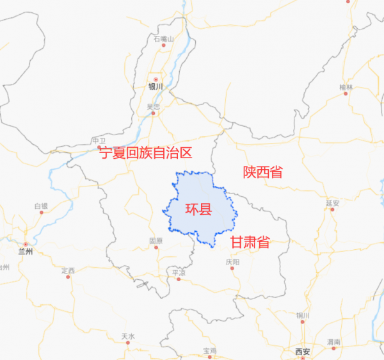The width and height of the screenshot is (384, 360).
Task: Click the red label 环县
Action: pos(198,209)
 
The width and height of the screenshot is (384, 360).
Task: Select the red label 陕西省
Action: pos(262,172)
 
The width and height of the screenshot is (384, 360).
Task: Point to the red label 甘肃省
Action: pos(250,242)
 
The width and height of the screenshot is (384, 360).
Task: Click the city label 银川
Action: pos(156,86)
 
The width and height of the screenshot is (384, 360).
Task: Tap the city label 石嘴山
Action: pos(164,39)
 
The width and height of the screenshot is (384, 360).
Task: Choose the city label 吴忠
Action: pos(153,107)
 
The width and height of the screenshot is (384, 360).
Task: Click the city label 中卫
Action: pos(99,140)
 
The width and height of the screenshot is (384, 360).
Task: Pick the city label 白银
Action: pos(41,206)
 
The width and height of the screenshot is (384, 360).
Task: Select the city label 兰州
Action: pos(25,252)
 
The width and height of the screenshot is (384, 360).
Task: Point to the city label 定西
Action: pos(68,270)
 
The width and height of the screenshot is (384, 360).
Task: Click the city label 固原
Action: pos(156,241)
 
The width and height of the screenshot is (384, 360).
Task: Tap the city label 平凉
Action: pos(178,272)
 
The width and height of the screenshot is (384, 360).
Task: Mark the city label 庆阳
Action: pos(232,262)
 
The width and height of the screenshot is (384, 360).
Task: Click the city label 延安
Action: pos(332,203)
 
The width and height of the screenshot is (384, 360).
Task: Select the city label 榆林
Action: pos(346,86)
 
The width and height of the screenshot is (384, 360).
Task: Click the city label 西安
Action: pos(302,352)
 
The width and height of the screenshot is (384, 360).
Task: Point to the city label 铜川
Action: pos(303,316)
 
